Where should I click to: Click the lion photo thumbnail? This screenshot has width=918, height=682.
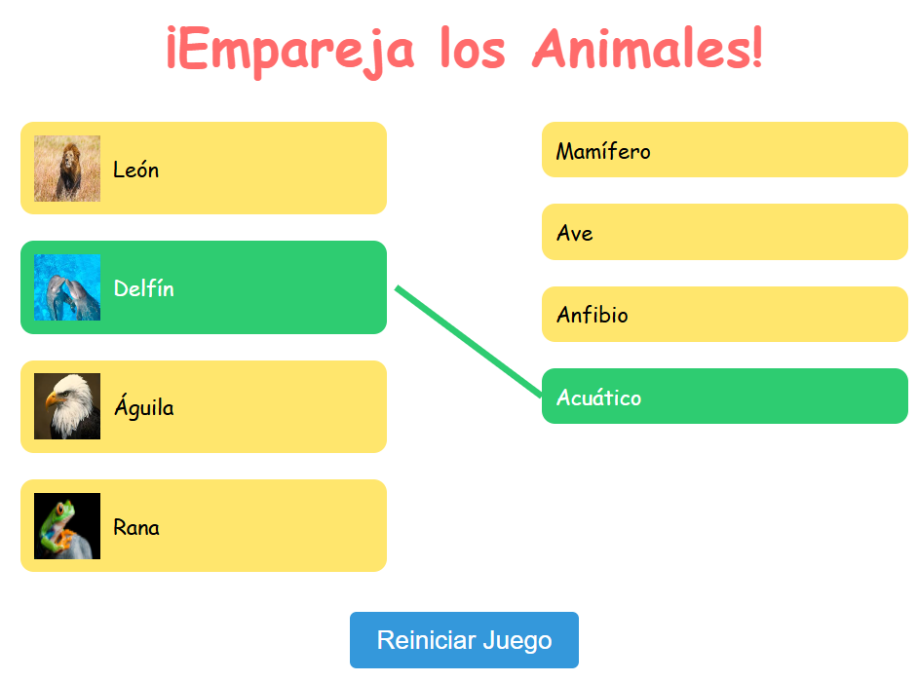tap(67, 169)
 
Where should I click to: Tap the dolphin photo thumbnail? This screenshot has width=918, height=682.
tap(67, 287)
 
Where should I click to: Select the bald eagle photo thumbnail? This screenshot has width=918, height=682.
tap(67, 406)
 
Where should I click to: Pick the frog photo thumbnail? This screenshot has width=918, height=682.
tap(67, 526)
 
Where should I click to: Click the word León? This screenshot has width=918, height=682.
tap(135, 170)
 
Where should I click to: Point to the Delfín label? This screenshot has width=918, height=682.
tap(144, 288)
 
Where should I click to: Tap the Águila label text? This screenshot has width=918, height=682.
tap(144, 406)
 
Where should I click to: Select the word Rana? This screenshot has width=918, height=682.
tap(136, 527)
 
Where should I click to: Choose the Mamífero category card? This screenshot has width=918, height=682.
tap(725, 150)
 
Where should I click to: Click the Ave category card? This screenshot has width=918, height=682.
tap(725, 232)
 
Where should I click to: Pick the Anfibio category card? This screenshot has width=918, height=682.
tap(725, 315)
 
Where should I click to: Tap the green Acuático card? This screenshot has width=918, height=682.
tap(725, 397)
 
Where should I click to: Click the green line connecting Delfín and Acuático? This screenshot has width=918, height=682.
tap(469, 342)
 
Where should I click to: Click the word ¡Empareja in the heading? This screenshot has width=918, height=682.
tap(290, 52)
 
